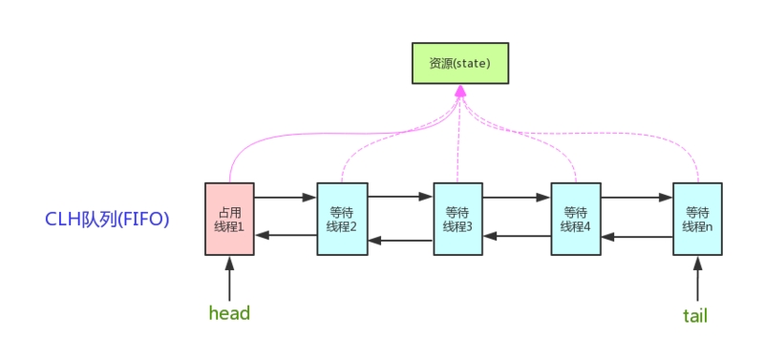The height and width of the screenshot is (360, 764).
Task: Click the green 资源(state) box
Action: click(x=459, y=62)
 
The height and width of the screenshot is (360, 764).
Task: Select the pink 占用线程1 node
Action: click(x=229, y=219)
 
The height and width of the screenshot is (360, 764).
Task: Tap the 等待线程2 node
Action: click(x=342, y=219)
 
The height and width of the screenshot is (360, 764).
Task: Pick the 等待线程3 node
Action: click(x=458, y=219)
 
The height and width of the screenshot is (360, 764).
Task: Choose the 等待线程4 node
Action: click(x=576, y=219)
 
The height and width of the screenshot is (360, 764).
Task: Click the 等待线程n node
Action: click(x=697, y=219)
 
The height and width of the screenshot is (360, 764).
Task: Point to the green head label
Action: click(x=229, y=313)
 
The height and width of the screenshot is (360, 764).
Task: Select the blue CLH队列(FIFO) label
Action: click(x=107, y=220)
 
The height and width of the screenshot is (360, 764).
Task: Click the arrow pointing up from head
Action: click(x=229, y=279)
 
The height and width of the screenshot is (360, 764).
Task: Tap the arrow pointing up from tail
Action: click(x=696, y=279)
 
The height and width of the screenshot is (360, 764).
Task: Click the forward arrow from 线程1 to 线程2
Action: click(x=286, y=199)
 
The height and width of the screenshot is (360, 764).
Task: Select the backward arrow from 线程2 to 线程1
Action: click(x=286, y=236)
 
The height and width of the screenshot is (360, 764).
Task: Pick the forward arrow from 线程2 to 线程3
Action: click(x=400, y=199)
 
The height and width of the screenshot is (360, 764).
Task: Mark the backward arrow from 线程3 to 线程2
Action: click(x=400, y=238)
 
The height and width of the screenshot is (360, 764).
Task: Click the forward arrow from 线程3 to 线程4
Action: click(x=517, y=199)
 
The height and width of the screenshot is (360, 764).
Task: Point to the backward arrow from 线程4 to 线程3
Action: click(x=517, y=237)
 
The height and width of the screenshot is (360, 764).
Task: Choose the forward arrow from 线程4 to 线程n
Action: click(x=637, y=199)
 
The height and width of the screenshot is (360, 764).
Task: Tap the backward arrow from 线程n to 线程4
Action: click(x=637, y=237)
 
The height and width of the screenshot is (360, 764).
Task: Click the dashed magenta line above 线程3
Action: click(x=458, y=143)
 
